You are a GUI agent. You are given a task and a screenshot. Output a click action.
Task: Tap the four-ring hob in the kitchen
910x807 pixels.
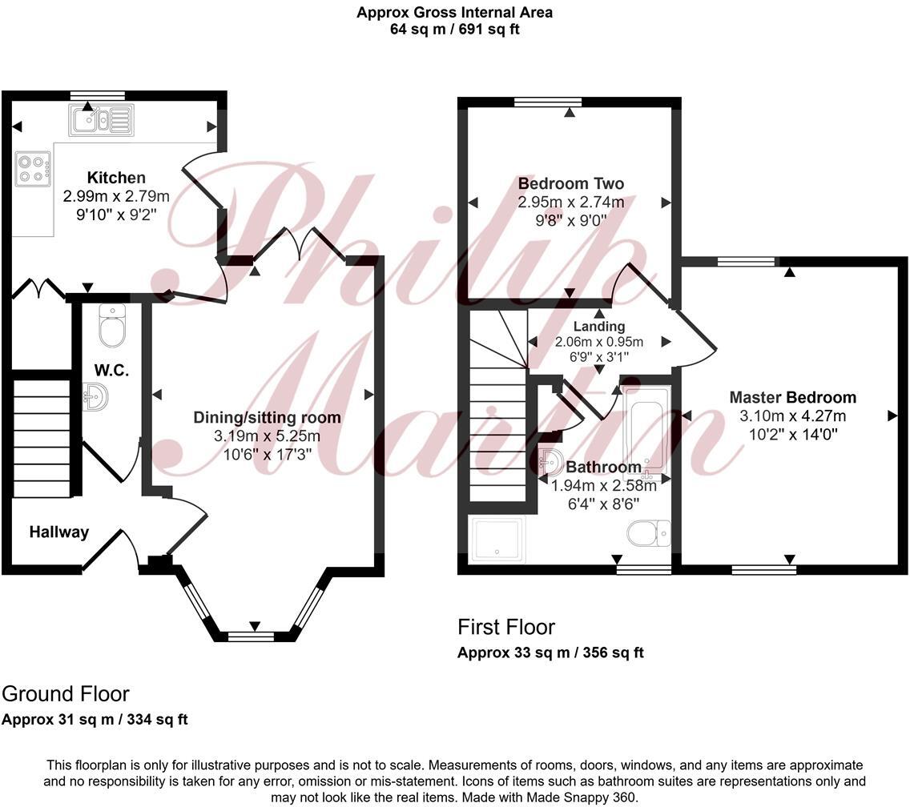pyautogui.click(x=33, y=169)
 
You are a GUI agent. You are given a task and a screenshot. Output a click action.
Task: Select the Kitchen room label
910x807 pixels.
pyautogui.click(x=116, y=178)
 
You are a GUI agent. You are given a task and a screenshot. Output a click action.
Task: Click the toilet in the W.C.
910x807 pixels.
pyautogui.click(x=113, y=326)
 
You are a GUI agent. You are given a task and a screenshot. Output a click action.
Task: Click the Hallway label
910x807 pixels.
pyautogui.click(x=59, y=532)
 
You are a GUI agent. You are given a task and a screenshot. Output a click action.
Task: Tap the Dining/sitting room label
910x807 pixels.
pyautogui.click(x=267, y=417)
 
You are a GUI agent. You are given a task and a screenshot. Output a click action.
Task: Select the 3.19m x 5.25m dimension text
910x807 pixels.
pyautogui.click(x=267, y=436)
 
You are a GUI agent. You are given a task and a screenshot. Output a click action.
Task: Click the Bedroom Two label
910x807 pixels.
pyautogui.click(x=571, y=183)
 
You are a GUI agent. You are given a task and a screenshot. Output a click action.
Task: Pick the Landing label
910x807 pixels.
pyautogui.click(x=599, y=327)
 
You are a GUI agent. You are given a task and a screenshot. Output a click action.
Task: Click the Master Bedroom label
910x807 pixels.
pyautogui.click(x=793, y=397)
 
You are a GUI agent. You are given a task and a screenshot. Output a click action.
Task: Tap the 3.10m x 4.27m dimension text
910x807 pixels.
pyautogui.click(x=793, y=416)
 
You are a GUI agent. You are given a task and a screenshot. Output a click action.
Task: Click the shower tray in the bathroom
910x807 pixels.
pyautogui.click(x=499, y=539)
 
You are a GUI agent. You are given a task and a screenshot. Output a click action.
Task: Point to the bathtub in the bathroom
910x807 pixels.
pyautogui.click(x=646, y=428)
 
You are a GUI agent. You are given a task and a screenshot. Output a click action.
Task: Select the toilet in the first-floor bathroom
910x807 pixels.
pyautogui.click(x=649, y=533)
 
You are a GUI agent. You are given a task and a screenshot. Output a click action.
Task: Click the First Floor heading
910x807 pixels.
pyautogui.click(x=506, y=627)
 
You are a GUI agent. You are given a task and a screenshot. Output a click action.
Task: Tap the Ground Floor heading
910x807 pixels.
pyautogui.click(x=66, y=694)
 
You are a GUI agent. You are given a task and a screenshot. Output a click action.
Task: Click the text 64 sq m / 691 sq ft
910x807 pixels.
pyautogui.click(x=454, y=29)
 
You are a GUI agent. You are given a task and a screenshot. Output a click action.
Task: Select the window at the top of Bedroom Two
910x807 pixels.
pyautogui.click(x=548, y=102)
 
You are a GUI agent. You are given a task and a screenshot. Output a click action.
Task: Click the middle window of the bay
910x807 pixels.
pyautogui.click(x=252, y=636)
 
